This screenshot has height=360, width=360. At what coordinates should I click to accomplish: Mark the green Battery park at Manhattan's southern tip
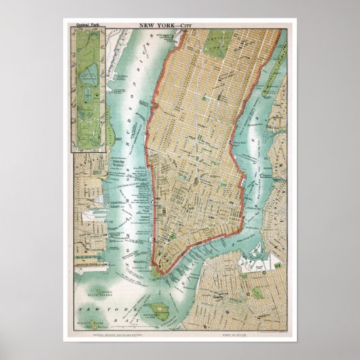click(157, 270)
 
